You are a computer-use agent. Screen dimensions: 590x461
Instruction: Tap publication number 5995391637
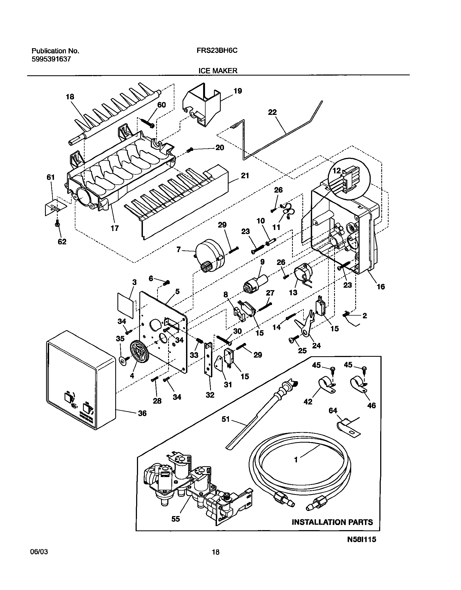click(51, 59)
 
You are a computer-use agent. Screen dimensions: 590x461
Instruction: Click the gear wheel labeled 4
click(139, 351)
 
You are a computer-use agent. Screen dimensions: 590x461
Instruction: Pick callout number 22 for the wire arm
click(272, 112)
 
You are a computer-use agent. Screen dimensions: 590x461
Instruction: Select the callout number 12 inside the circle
click(337, 171)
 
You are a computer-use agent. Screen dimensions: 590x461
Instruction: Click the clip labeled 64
click(348, 429)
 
